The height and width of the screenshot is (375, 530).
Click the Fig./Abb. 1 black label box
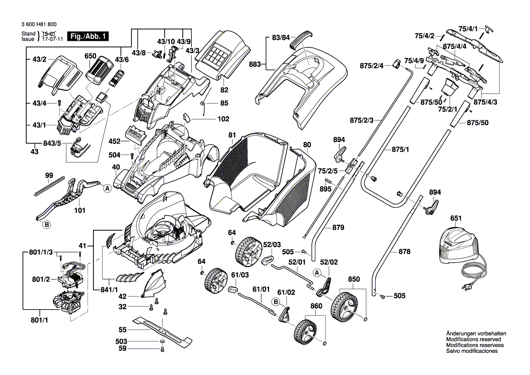click(88, 36)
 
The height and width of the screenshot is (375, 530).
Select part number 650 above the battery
click(90, 56)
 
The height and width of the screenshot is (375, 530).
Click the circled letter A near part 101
click(107, 188)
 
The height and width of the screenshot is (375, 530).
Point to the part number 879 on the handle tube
click(338, 227)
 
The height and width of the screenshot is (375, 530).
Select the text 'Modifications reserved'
click(473, 339)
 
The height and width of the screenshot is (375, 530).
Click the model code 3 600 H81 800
click(39, 25)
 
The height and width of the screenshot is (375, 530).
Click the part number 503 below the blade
click(122, 341)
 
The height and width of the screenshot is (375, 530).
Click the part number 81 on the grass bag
click(232, 135)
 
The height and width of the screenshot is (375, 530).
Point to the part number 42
click(122, 296)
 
